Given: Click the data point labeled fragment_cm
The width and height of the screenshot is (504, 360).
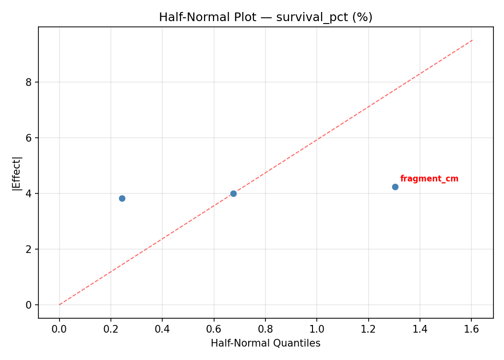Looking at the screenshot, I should pyautogui.click(x=395, y=187).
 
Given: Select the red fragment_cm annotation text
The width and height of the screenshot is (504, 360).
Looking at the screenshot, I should pyautogui.click(x=429, y=179).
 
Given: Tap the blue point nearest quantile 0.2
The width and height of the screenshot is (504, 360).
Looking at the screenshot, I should pyautogui.click(x=122, y=198).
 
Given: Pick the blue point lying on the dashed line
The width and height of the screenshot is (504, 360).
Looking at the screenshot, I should pyautogui.click(x=233, y=193).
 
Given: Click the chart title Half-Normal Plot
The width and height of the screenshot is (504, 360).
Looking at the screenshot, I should pyautogui.click(x=207, y=17).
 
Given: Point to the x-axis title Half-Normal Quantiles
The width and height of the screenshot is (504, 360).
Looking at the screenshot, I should pyautogui.click(x=265, y=343).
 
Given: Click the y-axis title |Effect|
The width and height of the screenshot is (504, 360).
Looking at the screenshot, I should pyautogui.click(x=17, y=173).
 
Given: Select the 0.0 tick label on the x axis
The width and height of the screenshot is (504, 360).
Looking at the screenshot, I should pyautogui.click(x=60, y=330).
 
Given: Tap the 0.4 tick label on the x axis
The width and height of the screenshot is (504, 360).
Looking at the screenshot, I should pyautogui.click(x=162, y=330).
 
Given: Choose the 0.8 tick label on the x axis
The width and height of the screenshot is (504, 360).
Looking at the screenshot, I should pyautogui.click(x=265, y=330).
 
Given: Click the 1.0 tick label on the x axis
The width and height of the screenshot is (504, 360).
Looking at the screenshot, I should pyautogui.click(x=317, y=330).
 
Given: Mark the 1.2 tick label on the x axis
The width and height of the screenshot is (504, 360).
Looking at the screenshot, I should pyautogui.click(x=368, y=330).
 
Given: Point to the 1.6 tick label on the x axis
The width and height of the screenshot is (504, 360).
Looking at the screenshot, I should pyautogui.click(x=471, y=330).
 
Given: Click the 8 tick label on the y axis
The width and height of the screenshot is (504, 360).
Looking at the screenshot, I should pyautogui.click(x=29, y=82).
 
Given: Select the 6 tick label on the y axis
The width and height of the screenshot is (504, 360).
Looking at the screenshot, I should pyautogui.click(x=29, y=138).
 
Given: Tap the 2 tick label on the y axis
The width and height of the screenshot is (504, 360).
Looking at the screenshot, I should pyautogui.click(x=29, y=249).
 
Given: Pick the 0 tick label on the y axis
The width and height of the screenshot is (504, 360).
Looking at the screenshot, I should pyautogui.click(x=29, y=305).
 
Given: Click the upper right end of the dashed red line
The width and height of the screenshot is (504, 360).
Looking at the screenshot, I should pyautogui.click(x=472, y=40).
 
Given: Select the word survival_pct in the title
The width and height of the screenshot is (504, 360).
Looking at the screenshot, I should pyautogui.click(x=306, y=17).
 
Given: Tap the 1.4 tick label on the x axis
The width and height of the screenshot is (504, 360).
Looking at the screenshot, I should pyautogui.click(x=420, y=330).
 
